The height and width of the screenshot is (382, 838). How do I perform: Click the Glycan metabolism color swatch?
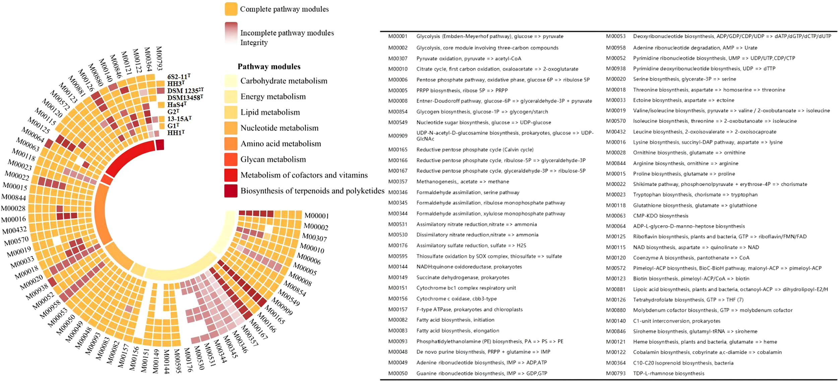[x=231, y=160]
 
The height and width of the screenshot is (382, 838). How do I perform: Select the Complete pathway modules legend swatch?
[x=231, y=9]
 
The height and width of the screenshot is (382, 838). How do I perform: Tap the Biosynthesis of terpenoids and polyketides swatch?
[x=231, y=191]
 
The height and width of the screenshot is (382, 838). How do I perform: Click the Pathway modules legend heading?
[x=269, y=67]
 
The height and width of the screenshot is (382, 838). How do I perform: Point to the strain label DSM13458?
[x=185, y=98]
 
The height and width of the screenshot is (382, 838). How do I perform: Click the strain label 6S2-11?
[x=179, y=77]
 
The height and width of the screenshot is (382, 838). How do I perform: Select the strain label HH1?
[x=176, y=133]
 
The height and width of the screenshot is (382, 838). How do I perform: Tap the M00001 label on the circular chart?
[x=316, y=216]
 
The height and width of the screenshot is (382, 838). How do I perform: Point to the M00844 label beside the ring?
[x=14, y=197]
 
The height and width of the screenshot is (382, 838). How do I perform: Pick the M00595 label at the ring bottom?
[x=177, y=361]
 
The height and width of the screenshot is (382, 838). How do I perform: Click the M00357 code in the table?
[x=398, y=182]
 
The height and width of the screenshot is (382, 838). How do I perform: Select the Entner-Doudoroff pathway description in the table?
[x=504, y=101]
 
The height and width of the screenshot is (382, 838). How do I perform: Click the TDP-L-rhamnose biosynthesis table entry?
[x=668, y=373]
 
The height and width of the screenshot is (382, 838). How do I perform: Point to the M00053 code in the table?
[x=615, y=36]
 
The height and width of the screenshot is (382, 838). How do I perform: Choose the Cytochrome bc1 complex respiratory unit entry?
[x=466, y=288]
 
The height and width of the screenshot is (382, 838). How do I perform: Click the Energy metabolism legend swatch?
[x=231, y=97]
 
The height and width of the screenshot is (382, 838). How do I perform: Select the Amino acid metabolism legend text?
[x=281, y=144]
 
